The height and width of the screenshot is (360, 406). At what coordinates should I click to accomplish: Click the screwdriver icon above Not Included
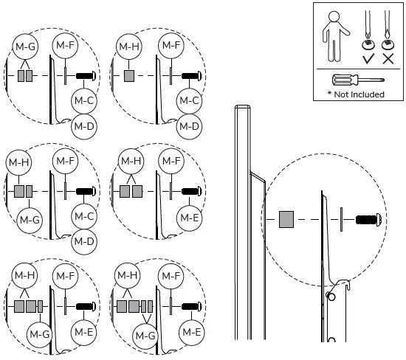coord(357,80)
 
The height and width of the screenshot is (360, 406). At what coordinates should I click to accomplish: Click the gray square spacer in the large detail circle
coord(287,218)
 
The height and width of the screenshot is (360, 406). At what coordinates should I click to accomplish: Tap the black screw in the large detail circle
coord(367,219)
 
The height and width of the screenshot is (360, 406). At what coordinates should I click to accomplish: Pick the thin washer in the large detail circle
coord(342,219)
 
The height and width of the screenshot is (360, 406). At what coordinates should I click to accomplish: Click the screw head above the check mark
coord(367,43)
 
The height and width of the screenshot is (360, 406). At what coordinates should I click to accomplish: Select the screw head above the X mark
coord(388,43)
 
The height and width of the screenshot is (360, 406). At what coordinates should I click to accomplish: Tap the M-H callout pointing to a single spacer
coord(128,48)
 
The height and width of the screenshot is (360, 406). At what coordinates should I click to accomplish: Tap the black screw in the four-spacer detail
coord(191,305)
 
